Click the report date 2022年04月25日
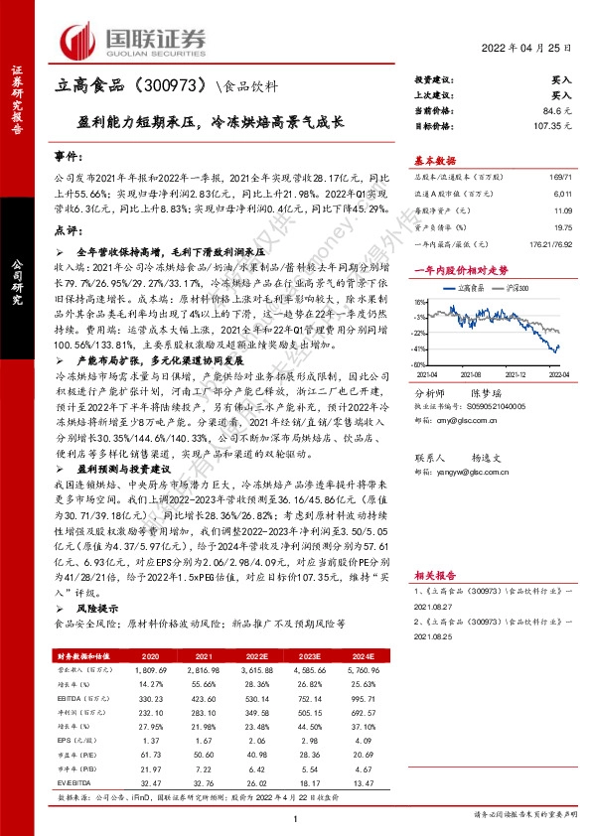coord(527,48)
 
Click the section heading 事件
coord(64,158)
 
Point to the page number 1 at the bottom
coord(295,816)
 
